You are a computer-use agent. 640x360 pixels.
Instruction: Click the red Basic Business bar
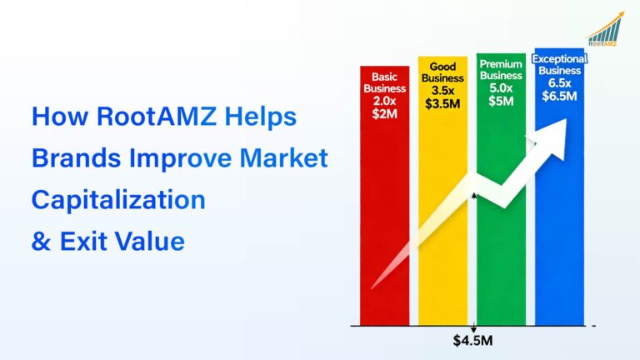(385, 233)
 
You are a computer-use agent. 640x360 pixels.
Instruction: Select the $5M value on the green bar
(502, 100)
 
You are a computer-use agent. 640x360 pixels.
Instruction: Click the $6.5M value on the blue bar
(560, 96)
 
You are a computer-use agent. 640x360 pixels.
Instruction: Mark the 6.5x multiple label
(560, 82)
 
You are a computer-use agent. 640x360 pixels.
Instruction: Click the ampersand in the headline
(40, 242)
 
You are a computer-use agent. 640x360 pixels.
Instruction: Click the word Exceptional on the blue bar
(560, 59)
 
